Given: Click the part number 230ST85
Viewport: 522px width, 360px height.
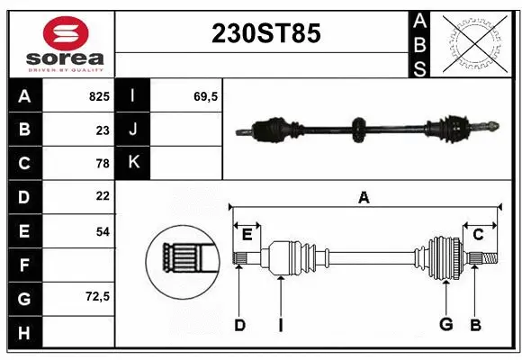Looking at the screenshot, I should [x=265, y=34].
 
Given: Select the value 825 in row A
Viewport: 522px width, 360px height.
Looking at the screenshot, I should [x=98, y=95].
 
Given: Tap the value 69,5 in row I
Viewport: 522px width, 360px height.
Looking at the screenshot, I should [x=206, y=95].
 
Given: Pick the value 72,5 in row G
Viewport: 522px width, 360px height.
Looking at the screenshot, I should [x=98, y=296].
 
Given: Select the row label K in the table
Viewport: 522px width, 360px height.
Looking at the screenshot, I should [x=133, y=163].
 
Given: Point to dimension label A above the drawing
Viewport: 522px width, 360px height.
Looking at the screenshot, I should [x=364, y=197].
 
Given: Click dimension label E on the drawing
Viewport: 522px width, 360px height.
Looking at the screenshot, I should [x=247, y=234].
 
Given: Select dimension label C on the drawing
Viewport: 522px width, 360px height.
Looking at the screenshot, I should [x=478, y=234].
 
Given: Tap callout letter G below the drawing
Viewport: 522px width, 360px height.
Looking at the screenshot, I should [x=445, y=325].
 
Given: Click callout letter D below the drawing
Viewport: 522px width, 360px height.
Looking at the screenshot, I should [x=239, y=325].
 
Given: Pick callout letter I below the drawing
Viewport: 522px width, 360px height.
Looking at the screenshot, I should [x=280, y=325].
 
